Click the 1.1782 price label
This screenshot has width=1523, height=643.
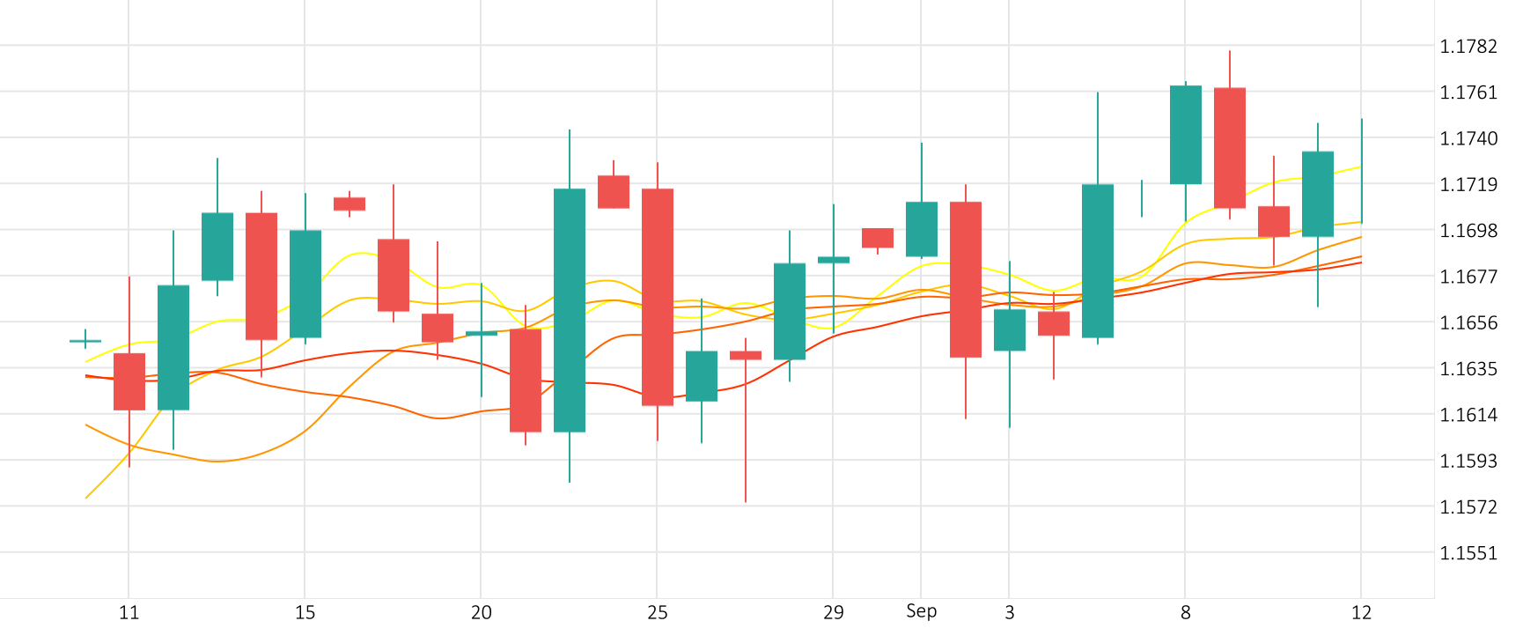click(1468, 47)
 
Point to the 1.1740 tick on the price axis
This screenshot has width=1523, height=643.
click(1468, 138)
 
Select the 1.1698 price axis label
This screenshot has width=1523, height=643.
click(1468, 231)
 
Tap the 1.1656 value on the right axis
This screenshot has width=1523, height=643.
click(1468, 322)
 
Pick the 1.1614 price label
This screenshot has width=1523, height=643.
click(1468, 415)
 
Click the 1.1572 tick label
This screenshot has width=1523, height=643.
click(1468, 506)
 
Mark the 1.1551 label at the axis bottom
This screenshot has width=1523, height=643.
click(1468, 553)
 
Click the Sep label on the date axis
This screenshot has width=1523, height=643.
click(921, 611)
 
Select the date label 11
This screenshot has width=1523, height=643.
click(129, 613)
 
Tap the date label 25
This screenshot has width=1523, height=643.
click(657, 613)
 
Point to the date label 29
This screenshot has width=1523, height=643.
click(833, 613)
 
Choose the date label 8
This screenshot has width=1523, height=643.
click(1185, 613)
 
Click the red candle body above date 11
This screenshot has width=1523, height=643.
click(129, 381)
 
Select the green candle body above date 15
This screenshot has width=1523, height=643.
click(305, 284)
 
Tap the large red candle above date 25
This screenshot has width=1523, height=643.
click(658, 297)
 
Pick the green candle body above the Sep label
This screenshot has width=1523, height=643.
click(922, 229)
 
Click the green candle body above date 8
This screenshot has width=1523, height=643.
click(1186, 135)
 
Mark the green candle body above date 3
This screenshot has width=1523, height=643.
click(1010, 329)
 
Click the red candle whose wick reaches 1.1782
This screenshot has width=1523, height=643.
click(1230, 148)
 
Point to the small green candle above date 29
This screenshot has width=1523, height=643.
click(834, 260)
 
